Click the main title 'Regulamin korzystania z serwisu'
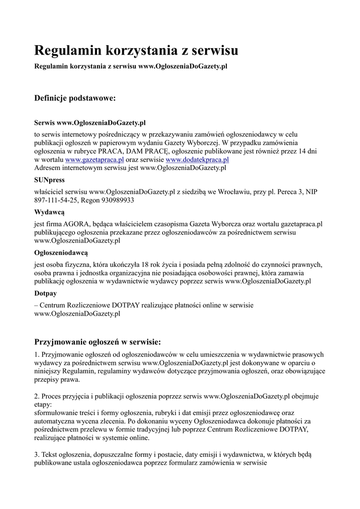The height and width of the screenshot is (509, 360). [136, 50]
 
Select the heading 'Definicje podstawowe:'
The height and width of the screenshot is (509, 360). [75, 98]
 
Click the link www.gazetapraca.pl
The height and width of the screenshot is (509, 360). [94, 160]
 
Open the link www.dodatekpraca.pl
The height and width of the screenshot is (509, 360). [197, 160]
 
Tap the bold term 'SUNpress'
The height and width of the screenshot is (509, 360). [49, 180]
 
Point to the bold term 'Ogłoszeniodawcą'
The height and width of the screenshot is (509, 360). [61, 253]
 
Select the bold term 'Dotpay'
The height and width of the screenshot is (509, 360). [45, 293]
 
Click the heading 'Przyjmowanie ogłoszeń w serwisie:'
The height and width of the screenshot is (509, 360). [97, 342]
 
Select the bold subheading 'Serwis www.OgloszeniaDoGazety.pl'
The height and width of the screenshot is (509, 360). [90, 122]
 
